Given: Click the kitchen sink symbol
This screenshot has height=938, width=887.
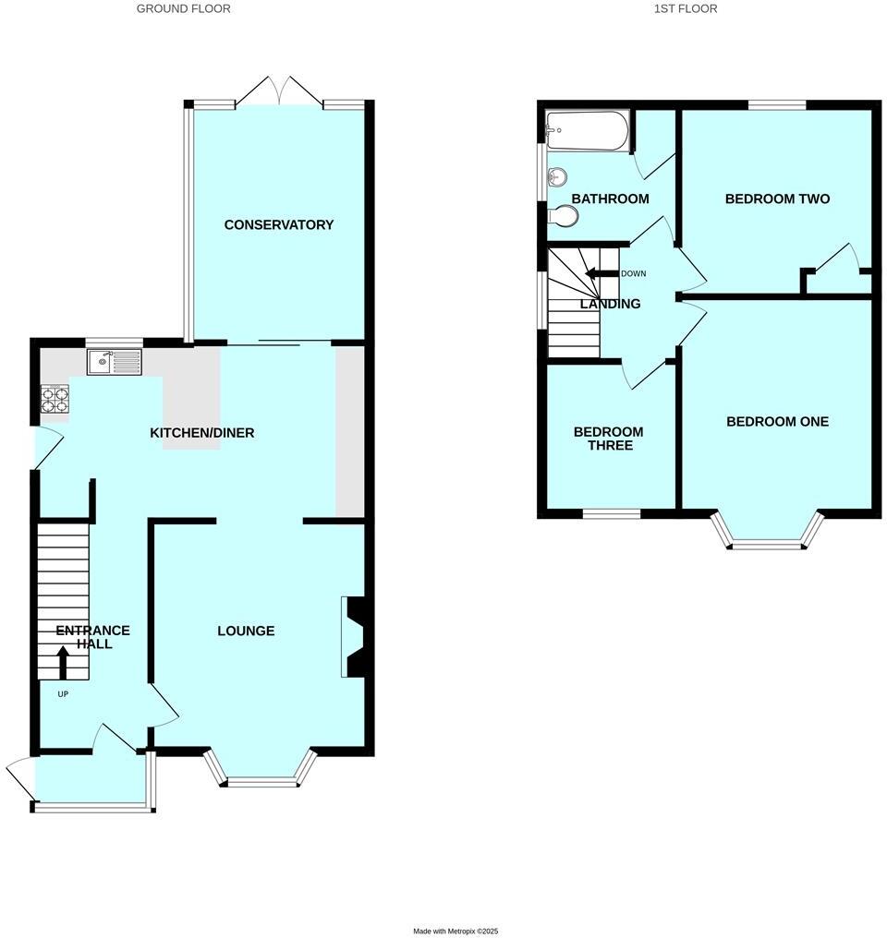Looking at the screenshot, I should pos(115,362).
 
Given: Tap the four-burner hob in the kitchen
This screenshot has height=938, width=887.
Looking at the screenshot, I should pos(55,400).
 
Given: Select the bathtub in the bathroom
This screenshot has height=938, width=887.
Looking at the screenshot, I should pos(588,131).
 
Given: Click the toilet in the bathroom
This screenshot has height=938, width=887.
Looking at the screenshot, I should pos(563,216).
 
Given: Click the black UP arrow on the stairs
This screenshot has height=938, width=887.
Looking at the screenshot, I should pos(63,661).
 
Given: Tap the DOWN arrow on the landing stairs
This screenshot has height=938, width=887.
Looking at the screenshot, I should pos(596,273).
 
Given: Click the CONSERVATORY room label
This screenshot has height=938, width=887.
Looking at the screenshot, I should pos(278,224).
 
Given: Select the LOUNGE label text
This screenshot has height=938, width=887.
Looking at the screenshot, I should pos(246,631).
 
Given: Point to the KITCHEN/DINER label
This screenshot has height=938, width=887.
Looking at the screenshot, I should pos(202,432).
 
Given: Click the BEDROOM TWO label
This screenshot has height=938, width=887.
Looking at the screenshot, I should pos(777,198).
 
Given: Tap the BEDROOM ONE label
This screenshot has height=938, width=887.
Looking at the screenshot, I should pos(777,421).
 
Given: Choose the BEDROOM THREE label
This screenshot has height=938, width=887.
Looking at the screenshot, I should pos(608,439).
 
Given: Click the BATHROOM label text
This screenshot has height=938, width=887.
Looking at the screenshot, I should pos(610,198).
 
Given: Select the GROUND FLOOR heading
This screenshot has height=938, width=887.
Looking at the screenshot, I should pos(183,8).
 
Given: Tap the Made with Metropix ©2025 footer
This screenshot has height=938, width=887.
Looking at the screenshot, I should pos(455,931).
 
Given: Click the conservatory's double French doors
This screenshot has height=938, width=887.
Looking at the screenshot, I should pos(278,90).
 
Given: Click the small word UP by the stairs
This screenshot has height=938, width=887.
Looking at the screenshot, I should pos(63,693).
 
